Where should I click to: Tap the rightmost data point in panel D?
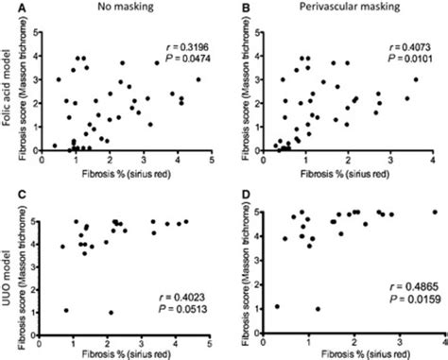435,212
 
